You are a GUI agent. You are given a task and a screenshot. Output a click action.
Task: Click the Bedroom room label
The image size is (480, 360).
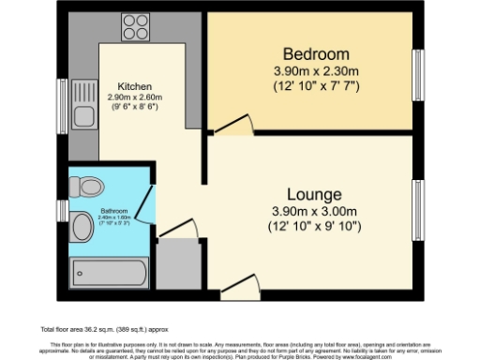click(311, 53)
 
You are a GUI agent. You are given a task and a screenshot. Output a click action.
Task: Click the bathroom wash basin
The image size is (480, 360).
click(79, 224)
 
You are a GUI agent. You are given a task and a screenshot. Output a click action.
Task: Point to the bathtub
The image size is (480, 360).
click(110, 272)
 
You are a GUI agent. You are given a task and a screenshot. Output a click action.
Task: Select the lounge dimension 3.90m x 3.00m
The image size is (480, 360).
click(310, 213)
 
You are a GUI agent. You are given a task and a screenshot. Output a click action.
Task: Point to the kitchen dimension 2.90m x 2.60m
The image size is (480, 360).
click(134, 96)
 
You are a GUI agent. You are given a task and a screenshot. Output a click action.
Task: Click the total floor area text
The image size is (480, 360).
click(104, 330)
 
